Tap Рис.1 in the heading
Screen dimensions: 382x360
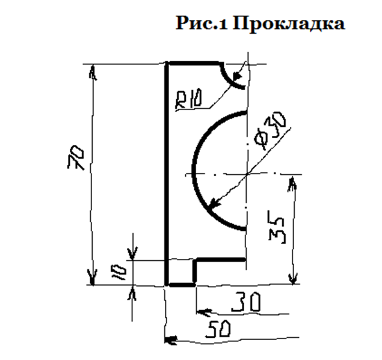coord(202,23)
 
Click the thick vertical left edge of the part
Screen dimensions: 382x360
coord(166,174)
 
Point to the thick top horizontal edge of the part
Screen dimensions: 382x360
coord(193,63)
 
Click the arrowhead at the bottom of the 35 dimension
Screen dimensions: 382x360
coord(292,278)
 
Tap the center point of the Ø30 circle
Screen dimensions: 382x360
coord(247,174)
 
